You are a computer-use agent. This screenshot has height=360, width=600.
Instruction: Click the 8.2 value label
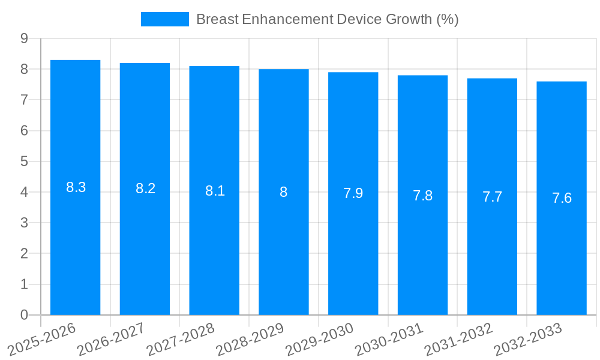145,188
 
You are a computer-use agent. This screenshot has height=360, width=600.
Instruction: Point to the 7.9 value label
353,193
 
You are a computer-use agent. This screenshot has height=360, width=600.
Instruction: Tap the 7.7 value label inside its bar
492,197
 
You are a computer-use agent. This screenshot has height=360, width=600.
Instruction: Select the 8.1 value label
215,191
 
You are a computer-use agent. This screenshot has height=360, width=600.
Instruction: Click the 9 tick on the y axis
25,38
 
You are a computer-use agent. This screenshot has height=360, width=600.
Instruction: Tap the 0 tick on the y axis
25,315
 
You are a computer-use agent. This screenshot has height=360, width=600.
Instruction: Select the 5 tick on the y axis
25,161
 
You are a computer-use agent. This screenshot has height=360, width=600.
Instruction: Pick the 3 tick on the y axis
25,223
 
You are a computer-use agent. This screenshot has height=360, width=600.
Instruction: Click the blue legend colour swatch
164,19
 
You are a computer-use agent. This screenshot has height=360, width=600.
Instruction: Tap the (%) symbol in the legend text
448,19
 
